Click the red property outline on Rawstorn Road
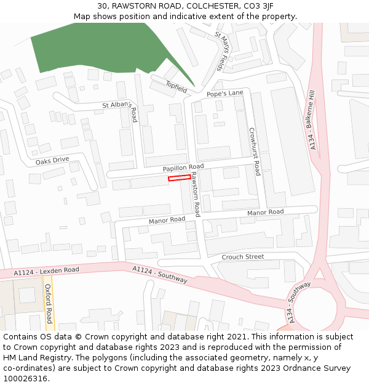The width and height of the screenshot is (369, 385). pos(180,178)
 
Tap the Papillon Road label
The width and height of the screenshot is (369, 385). pos(183,168)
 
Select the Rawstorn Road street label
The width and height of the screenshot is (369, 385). pos(195,194)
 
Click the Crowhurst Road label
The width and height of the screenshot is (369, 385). pos(255,151)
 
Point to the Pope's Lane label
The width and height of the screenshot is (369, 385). pos(225,94)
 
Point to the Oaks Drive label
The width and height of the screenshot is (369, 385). pos(52,161)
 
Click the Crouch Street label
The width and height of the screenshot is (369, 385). pos(242,257)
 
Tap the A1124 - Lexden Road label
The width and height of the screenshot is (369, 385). pos(47,270)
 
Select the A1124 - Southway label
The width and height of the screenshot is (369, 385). pos(160,275)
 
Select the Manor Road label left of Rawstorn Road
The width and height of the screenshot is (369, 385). pos(167,220)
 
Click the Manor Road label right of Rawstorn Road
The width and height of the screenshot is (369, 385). pos(265,213)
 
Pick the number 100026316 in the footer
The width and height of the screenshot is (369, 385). pos(25,378)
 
